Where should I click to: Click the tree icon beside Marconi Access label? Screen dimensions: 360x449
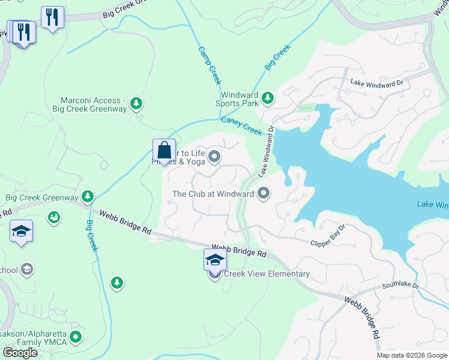[x=137, y=104]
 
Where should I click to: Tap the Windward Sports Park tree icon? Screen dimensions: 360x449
[x=267, y=97]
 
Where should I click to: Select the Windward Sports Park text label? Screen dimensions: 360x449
[x=240, y=99]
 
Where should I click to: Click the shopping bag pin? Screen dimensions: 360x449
[x=164, y=151]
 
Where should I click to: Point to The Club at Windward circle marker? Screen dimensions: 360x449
[x=263, y=194]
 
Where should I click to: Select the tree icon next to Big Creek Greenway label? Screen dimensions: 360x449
[x=88, y=196]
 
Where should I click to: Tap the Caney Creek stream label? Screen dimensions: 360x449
[x=241, y=125]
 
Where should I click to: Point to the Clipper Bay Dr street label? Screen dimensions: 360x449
[x=328, y=236]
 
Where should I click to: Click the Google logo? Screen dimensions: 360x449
[x=20, y=353]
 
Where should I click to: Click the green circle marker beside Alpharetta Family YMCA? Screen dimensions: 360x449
[x=75, y=337]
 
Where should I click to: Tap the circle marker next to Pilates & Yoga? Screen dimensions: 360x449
[x=214, y=157]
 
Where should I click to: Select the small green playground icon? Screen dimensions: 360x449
[x=53, y=216]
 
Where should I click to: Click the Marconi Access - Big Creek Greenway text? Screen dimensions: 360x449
[x=93, y=104]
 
